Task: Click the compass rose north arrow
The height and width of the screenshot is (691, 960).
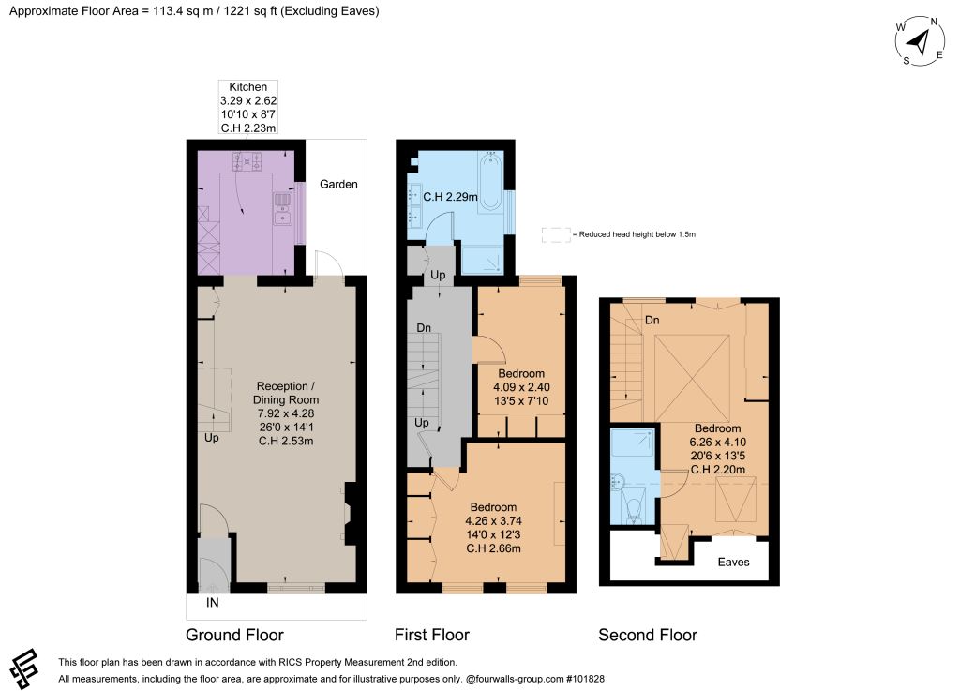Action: [918, 42]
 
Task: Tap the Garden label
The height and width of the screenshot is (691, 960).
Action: [338, 184]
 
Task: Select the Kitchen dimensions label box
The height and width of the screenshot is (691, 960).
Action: [248, 107]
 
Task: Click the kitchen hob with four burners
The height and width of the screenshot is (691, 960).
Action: [247, 161]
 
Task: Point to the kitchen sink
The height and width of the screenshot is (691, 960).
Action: [282, 207]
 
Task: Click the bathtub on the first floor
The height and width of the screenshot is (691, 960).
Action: [489, 183]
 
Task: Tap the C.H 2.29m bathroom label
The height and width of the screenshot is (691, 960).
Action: [451, 197]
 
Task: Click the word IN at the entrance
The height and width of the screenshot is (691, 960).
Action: [212, 603]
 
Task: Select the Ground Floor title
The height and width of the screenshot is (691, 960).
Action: [234, 636]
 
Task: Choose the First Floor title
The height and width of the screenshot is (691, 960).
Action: [431, 636]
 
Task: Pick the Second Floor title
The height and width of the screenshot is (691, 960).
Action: [648, 636]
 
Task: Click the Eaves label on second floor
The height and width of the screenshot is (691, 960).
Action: [733, 563]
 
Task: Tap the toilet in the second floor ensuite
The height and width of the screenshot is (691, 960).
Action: [633, 507]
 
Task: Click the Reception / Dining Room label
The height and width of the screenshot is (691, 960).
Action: [286, 393]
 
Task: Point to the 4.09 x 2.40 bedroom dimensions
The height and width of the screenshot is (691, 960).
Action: [521, 387]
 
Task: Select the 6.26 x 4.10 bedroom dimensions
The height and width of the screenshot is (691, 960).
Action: [717, 442]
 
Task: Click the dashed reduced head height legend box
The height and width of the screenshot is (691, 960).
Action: [556, 235]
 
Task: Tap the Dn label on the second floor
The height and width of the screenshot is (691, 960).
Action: [652, 320]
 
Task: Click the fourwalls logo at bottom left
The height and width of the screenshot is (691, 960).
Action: [24, 668]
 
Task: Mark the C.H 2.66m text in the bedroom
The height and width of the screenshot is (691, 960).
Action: [493, 548]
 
